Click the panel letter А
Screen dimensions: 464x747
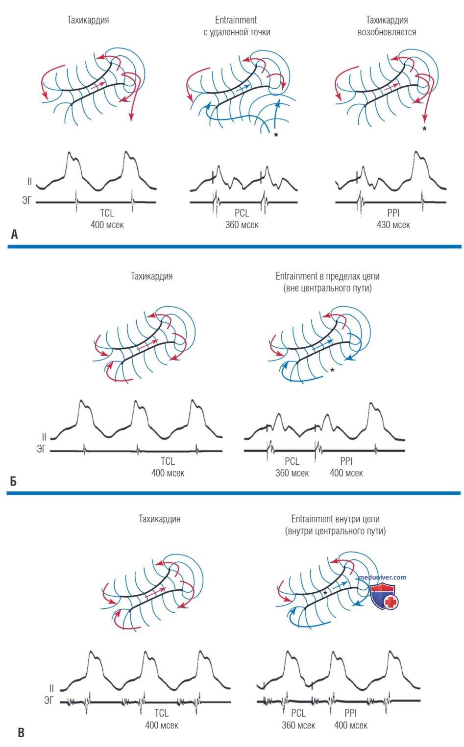coord(14,235)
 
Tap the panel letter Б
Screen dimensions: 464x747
coord(13,481)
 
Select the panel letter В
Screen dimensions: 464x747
coord(21,733)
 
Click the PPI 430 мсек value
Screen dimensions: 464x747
coord(393,225)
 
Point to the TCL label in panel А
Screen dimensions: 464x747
coord(107,213)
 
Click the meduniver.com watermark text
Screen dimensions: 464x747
coord(382,577)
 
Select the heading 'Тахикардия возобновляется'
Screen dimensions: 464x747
coord(387,26)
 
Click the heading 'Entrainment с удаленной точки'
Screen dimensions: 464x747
coord(237,26)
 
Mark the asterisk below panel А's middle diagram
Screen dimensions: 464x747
coord(276,135)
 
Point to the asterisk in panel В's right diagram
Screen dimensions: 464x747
coord(325,593)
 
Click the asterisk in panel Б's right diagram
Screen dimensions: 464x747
coord(332,370)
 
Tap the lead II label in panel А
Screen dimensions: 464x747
coord(30,181)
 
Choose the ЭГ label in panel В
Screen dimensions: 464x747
coord(49,700)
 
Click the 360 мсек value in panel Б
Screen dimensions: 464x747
coord(292,473)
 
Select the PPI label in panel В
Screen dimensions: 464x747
coord(351,713)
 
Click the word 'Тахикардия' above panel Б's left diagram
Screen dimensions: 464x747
coord(152,276)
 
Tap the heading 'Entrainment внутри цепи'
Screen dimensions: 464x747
coord(335,519)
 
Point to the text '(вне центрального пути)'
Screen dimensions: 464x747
coord(327,288)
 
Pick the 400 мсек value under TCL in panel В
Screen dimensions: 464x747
coord(162,725)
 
